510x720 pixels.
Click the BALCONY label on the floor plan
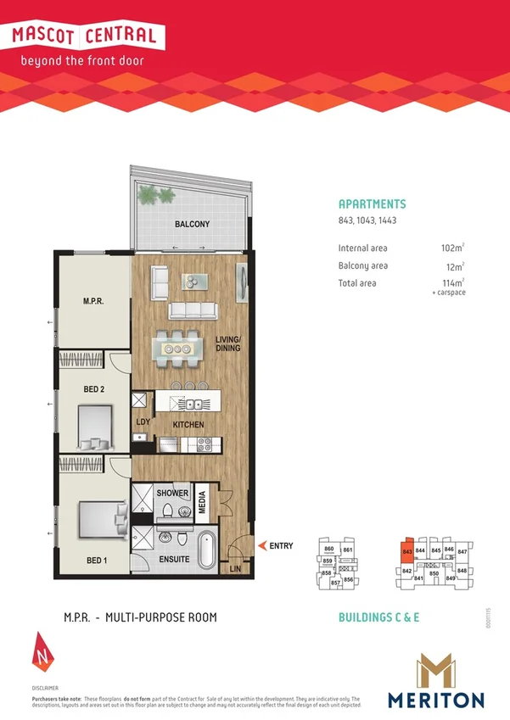pyautogui.click(x=192, y=225)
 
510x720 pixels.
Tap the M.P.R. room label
pyautogui.click(x=93, y=301)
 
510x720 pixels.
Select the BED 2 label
pyautogui.click(x=93, y=389)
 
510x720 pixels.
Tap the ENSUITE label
pyautogui.click(x=174, y=561)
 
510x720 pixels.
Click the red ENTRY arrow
pyautogui.click(x=263, y=546)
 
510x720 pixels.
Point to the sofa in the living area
pyautogui.click(x=195, y=310)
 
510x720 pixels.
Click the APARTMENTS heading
pyautogui.click(x=372, y=204)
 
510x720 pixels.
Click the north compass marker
pyautogui.click(x=42, y=649)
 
